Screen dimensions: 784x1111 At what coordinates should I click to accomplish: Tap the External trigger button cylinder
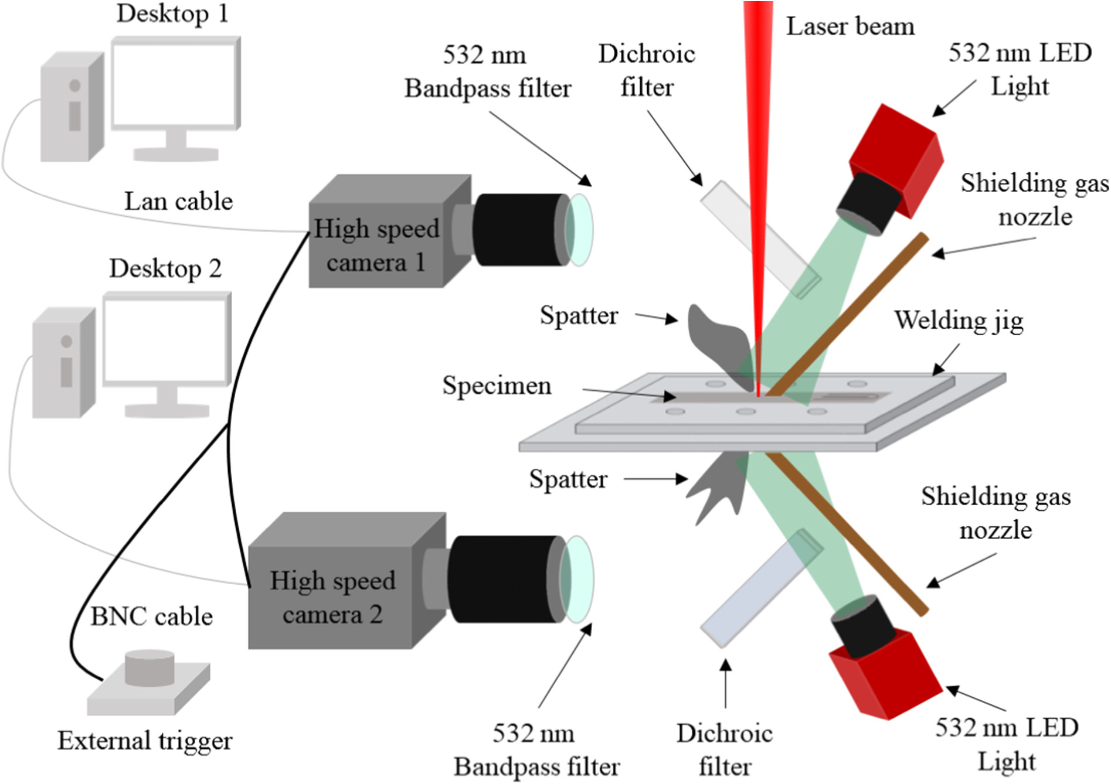[x=150, y=667]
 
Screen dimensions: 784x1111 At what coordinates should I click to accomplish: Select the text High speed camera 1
[x=376, y=245]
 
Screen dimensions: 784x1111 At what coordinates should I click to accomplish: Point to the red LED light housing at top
[x=897, y=158]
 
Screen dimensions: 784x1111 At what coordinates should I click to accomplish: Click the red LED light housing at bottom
[x=885, y=674]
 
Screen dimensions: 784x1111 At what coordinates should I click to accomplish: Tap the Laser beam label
[x=850, y=27]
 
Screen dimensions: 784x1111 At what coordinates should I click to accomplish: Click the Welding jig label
[x=959, y=321]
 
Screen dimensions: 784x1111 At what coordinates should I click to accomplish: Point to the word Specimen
[x=497, y=386]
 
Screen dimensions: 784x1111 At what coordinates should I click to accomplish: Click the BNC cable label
[x=151, y=616]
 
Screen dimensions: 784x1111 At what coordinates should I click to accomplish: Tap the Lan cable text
[x=178, y=202]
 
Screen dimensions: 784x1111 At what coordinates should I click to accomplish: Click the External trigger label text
[x=145, y=741]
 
